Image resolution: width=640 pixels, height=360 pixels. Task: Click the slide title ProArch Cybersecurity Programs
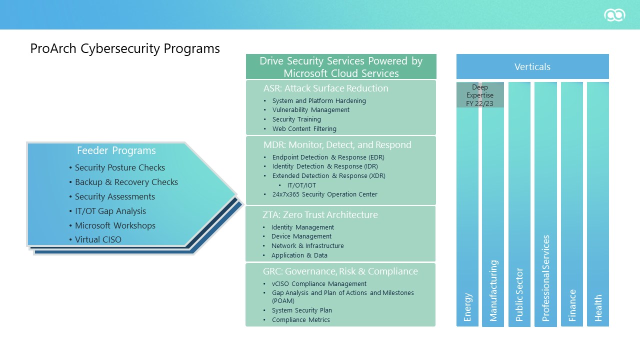click(x=125, y=48)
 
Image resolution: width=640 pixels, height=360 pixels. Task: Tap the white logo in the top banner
click(x=614, y=15)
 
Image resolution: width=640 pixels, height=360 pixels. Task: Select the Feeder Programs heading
click(x=116, y=150)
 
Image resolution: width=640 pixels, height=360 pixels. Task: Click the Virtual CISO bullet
click(x=98, y=239)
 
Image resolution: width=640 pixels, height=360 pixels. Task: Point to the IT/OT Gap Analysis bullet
click(x=110, y=211)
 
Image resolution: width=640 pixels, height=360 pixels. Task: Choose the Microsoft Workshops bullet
click(x=115, y=225)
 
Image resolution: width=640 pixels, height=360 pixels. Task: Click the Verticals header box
click(x=532, y=66)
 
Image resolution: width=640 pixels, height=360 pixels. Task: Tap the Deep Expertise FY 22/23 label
click(x=480, y=95)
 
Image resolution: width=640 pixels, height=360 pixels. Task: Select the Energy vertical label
click(x=468, y=307)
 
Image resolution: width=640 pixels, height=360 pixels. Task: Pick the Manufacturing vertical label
click(x=493, y=290)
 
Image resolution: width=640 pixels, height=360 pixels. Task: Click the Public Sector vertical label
click(x=519, y=294)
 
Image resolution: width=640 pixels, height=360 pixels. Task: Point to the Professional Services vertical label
click(x=545, y=278)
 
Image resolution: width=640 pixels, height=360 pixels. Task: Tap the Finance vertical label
click(x=572, y=305)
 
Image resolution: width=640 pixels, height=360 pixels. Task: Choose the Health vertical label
click(x=598, y=307)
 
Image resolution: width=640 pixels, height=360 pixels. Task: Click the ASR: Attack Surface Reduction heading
click(x=325, y=88)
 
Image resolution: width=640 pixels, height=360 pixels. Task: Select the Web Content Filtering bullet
click(x=304, y=129)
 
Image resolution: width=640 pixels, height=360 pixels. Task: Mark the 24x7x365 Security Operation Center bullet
click(x=324, y=194)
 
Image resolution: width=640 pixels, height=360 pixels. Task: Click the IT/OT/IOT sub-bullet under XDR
click(x=301, y=185)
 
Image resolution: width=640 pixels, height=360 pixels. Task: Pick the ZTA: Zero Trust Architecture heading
click(x=320, y=215)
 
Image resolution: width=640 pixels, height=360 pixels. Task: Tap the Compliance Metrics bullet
click(x=300, y=320)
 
